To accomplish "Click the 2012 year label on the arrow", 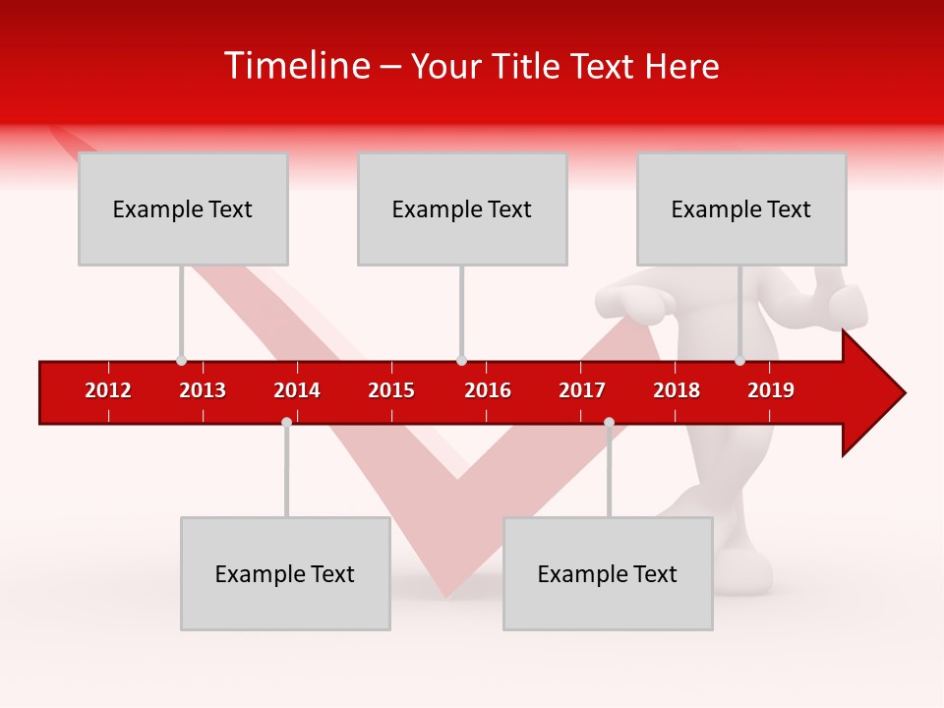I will [108, 390].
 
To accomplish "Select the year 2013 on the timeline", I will [203, 390].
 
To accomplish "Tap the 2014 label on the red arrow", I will [297, 390].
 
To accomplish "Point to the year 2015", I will [391, 390].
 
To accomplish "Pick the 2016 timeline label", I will [488, 390].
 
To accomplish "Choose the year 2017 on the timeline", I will [582, 390].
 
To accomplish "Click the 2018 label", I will [677, 390].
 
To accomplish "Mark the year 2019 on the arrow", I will [771, 390].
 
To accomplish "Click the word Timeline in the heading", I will [295, 66].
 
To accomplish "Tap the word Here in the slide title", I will [681, 67].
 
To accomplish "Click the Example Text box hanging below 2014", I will [285, 573].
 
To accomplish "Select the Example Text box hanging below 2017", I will [608, 573].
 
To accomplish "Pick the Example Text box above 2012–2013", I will [183, 208].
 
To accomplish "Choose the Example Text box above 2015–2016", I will [462, 208].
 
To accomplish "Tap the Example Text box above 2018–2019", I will [741, 208].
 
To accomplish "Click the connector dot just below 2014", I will [286, 422].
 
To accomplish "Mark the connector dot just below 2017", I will [609, 422].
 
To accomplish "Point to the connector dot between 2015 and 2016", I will [461, 361].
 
